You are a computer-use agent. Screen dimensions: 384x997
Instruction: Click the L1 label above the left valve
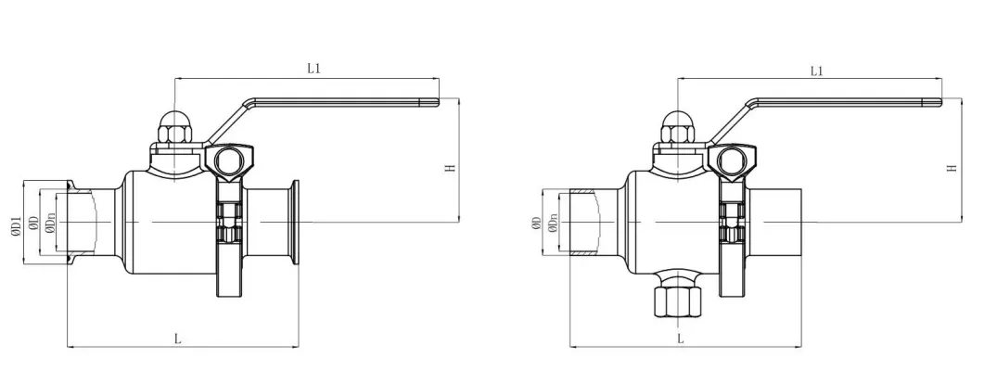313,69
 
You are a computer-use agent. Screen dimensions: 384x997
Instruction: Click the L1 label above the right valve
817,70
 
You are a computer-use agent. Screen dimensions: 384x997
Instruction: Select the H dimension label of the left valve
450,168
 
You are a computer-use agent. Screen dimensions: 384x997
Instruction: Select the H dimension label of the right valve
952,168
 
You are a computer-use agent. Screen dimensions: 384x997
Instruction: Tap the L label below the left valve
177,339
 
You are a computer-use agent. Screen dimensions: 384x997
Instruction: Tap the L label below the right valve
682,339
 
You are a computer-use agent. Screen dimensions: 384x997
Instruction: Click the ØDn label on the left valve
50,223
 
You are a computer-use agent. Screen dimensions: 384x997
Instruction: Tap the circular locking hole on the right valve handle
731,163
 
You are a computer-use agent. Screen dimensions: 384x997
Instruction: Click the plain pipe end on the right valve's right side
782,223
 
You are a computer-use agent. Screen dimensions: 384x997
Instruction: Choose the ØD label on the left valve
32,224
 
